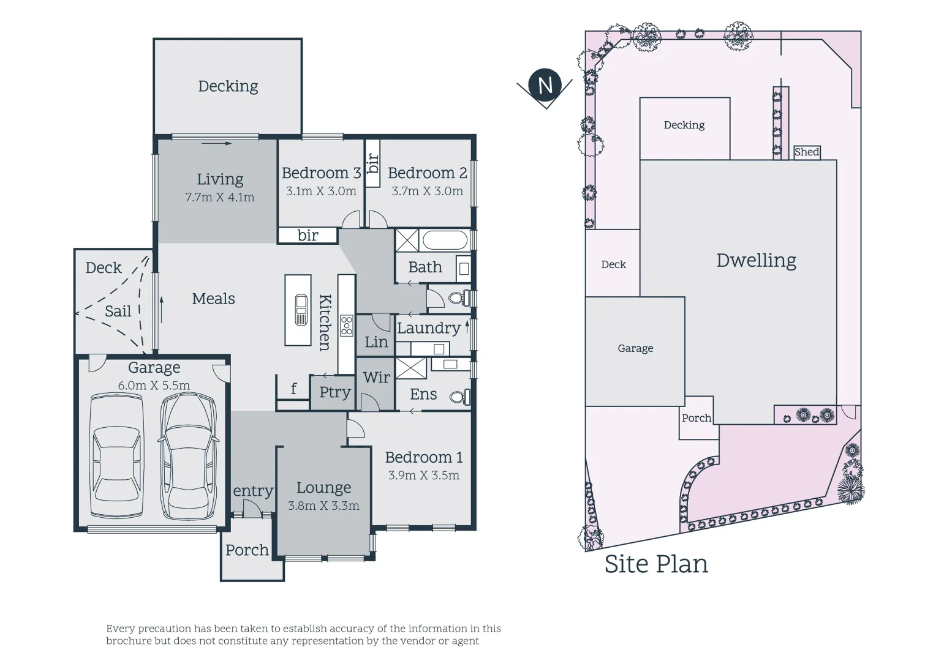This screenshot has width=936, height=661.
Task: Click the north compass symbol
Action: [545, 85]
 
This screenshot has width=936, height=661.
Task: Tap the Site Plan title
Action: [656, 564]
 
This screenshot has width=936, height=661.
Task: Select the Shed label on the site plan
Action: [806, 152]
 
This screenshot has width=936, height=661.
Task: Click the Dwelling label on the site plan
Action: [756, 261]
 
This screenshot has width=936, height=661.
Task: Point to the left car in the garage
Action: [117, 456]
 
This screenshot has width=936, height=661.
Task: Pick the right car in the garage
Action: [188, 456]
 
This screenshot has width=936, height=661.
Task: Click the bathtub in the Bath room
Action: [445, 241]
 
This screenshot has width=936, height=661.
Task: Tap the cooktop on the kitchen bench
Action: [347, 326]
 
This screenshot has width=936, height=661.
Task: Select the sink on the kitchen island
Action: [301, 310]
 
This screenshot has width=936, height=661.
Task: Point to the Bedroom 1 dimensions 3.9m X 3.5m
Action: [423, 476]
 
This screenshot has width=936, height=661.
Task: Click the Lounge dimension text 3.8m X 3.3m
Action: [323, 506]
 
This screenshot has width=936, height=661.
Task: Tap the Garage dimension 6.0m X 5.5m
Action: [154, 386]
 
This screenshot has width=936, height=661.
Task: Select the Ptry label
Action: [334, 392]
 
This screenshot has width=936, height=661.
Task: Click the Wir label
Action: [376, 378]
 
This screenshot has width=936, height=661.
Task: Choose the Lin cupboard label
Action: [376, 342]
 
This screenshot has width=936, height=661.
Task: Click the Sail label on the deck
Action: [118, 312]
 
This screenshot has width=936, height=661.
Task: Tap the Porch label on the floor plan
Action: [247, 550]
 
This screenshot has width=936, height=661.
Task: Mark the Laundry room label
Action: [428, 328]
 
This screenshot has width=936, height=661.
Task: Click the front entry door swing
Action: [252, 507]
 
